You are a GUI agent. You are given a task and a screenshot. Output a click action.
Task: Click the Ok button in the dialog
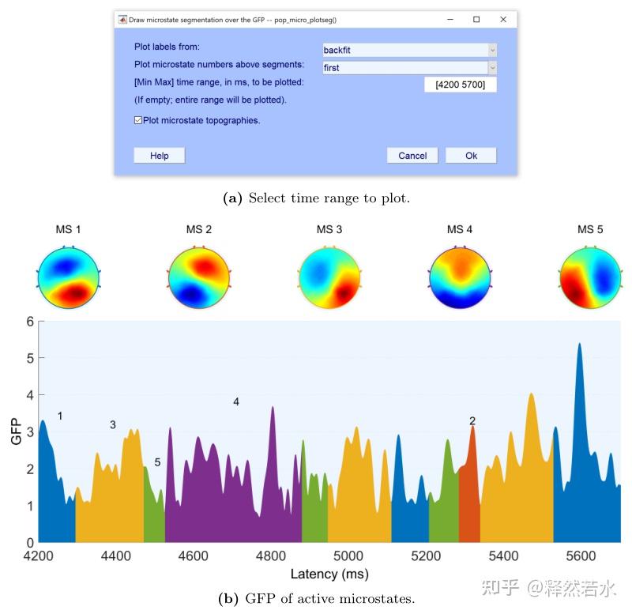point(471,156)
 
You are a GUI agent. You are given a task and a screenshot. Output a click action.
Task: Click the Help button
point(159,156)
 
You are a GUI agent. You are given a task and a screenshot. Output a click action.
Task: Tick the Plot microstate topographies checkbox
point(138,120)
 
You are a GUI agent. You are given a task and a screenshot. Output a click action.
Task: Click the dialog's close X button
point(503,19)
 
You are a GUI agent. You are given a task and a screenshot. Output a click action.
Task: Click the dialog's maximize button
point(476,19)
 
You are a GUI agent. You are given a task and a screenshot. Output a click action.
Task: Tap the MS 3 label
point(329,230)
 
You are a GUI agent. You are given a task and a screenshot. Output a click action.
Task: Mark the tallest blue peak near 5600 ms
point(580,345)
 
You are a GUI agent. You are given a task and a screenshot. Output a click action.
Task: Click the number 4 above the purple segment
point(236,402)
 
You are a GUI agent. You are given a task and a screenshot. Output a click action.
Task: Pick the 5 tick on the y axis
point(30,358)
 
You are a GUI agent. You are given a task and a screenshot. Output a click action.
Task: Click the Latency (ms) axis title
point(329,574)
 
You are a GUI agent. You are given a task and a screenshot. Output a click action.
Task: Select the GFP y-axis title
point(15,431)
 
